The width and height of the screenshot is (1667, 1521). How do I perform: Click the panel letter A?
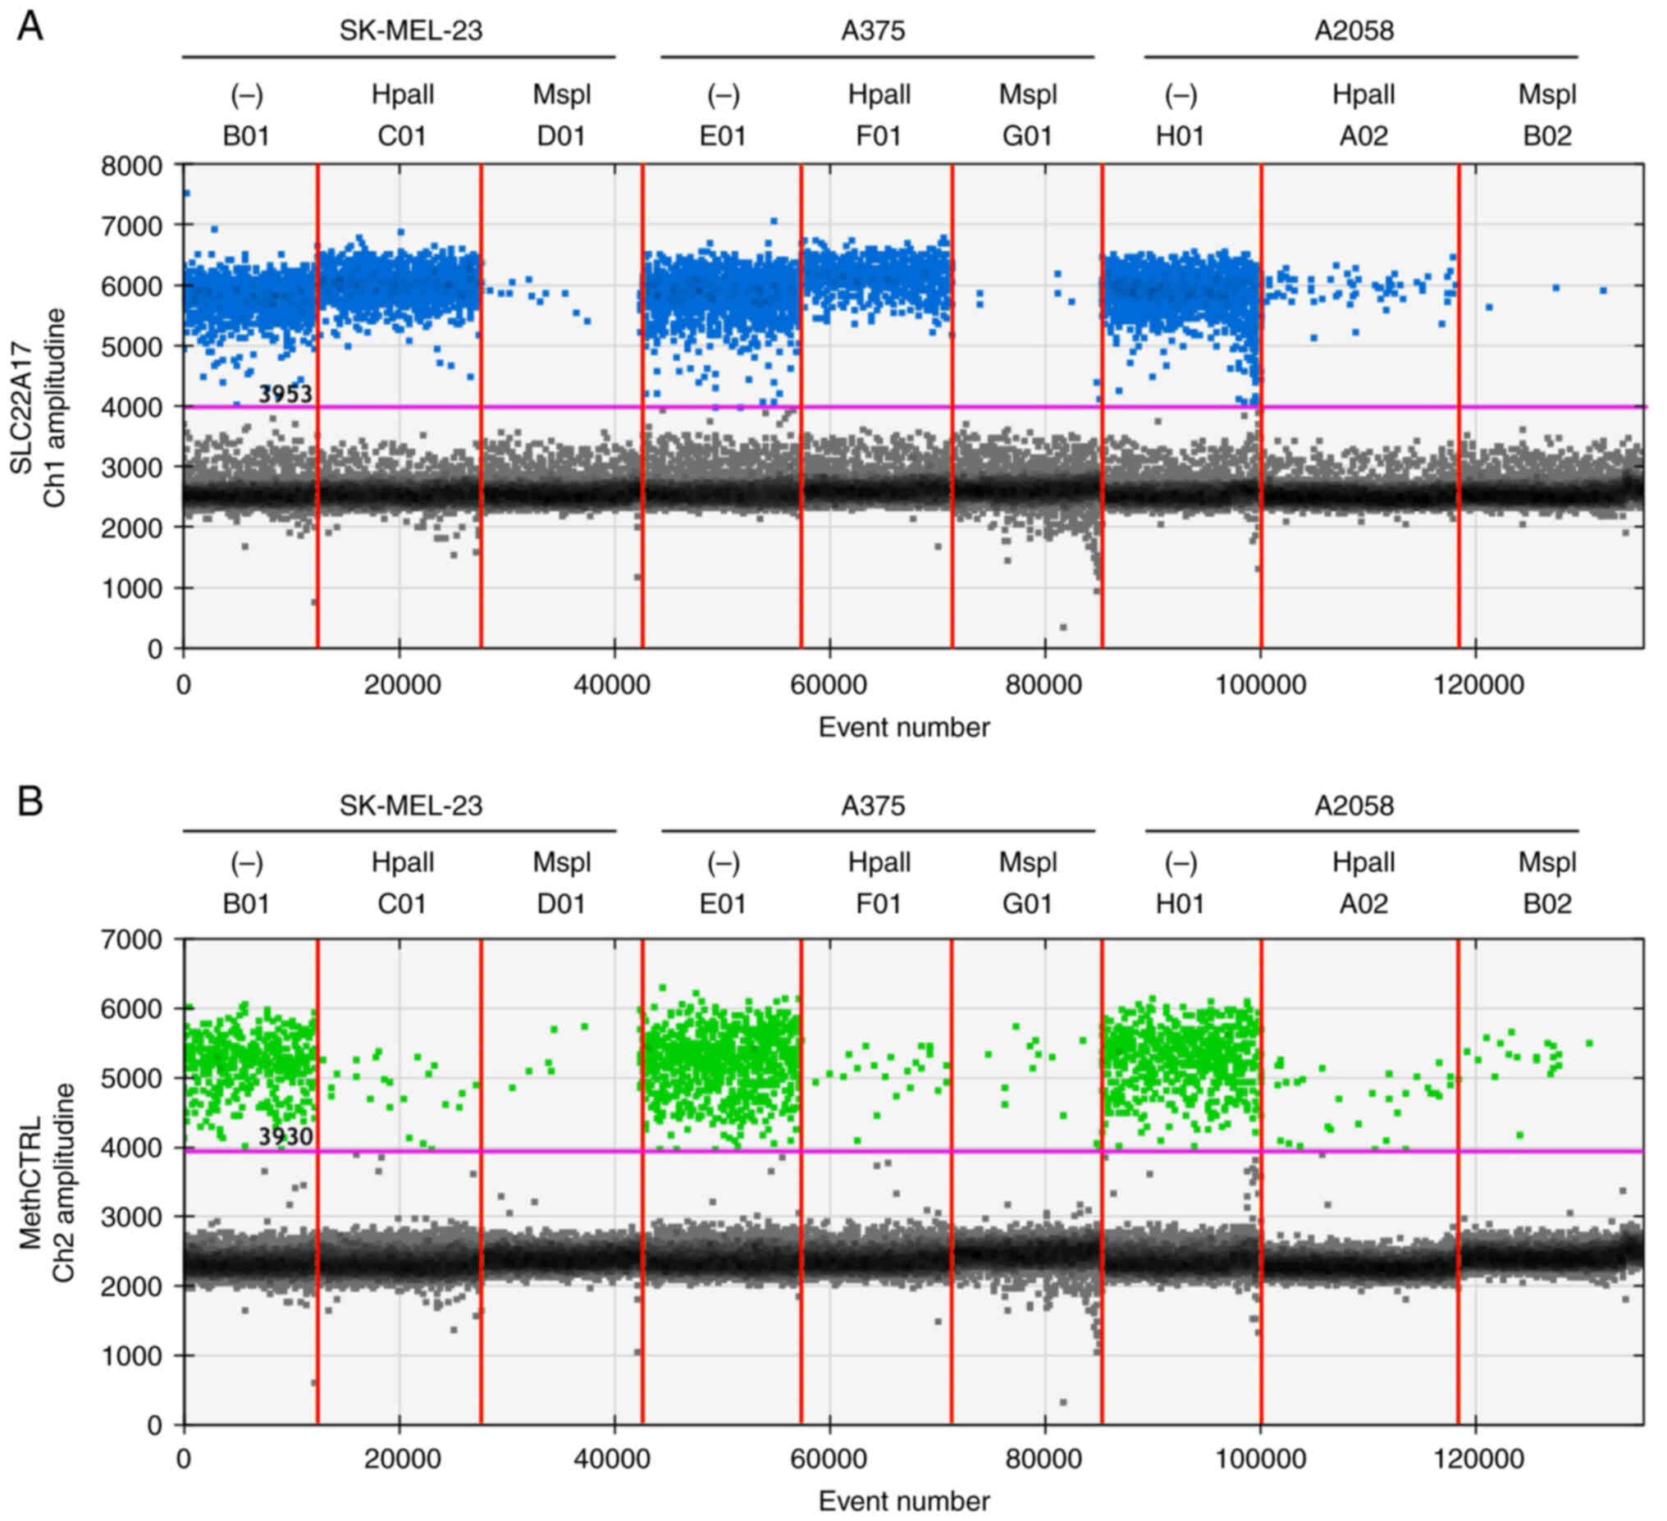30,27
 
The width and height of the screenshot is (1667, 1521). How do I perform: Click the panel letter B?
30,802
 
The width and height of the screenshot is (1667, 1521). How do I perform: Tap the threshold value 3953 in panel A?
285,394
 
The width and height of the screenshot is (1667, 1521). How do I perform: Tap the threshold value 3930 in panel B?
285,1136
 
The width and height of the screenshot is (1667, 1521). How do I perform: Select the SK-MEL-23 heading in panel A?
410,31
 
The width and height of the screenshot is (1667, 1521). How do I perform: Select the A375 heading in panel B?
872,806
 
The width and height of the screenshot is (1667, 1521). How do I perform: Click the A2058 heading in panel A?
1354,31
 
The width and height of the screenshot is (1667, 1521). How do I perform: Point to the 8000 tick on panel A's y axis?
131,167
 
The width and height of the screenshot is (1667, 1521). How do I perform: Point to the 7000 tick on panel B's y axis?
131,939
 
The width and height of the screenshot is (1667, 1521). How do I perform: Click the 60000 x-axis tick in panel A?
829,685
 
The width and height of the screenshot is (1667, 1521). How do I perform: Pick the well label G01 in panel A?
1027,135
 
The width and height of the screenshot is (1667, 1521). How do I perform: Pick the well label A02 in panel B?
1363,903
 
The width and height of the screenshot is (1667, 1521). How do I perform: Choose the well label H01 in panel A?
1180,135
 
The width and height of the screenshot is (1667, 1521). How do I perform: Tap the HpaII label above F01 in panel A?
879,94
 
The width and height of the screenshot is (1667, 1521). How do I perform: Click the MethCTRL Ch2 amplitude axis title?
46,1183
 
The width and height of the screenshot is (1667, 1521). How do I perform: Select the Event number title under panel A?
904,728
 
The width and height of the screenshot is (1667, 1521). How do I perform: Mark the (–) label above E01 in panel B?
723,863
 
